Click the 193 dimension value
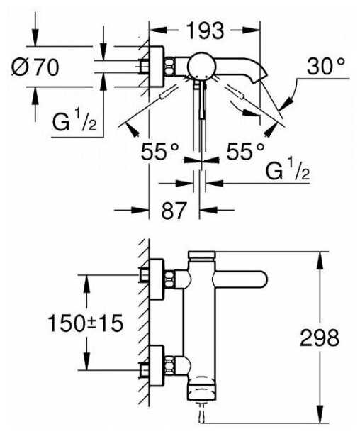(x=206, y=30)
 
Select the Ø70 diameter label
(x=35, y=67)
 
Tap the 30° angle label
(x=326, y=66)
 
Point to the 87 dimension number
(x=174, y=211)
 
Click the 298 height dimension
(x=320, y=338)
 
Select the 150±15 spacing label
(x=85, y=323)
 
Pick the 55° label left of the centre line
(x=160, y=151)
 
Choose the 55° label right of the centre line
(x=245, y=151)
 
